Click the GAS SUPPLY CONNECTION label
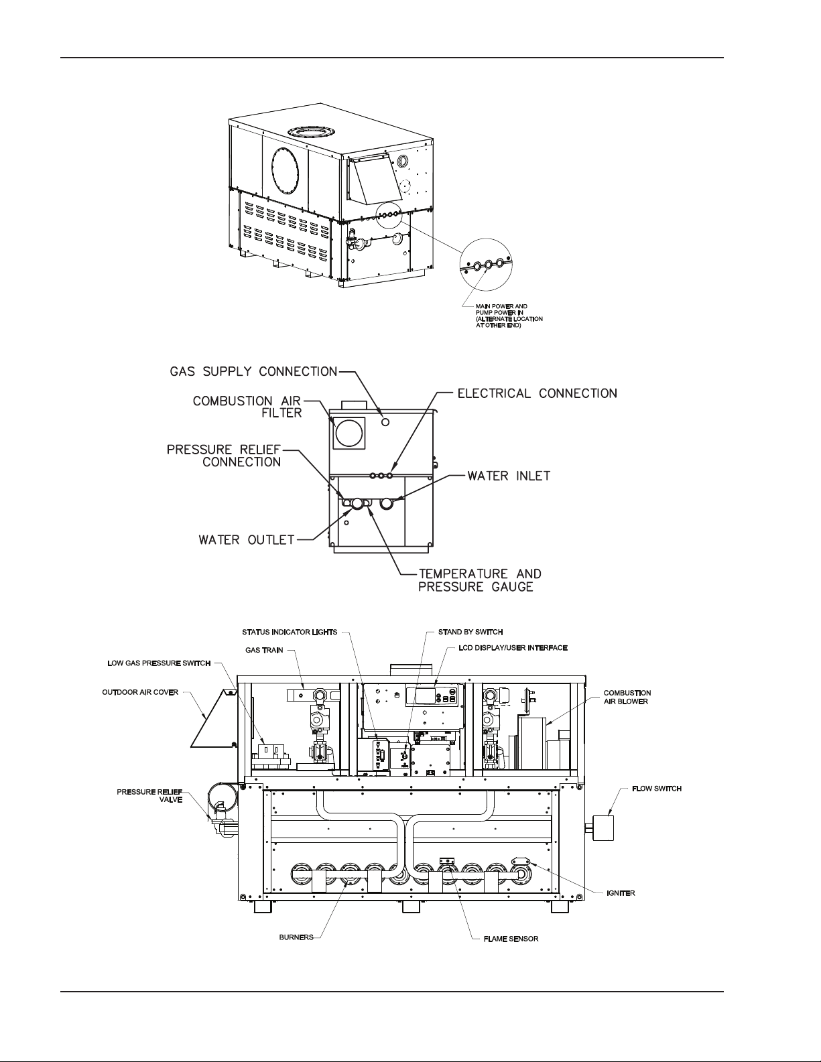[x=253, y=372]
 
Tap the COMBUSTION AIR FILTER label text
[x=247, y=407]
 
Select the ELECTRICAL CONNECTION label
[x=537, y=393]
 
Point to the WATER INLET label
[x=509, y=476]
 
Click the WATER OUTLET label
[x=247, y=540]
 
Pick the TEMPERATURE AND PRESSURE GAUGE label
[x=480, y=580]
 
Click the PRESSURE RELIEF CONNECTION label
[x=225, y=456]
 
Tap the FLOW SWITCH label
[x=657, y=789]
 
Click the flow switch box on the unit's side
[x=603, y=827]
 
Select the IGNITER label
[x=621, y=893]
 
